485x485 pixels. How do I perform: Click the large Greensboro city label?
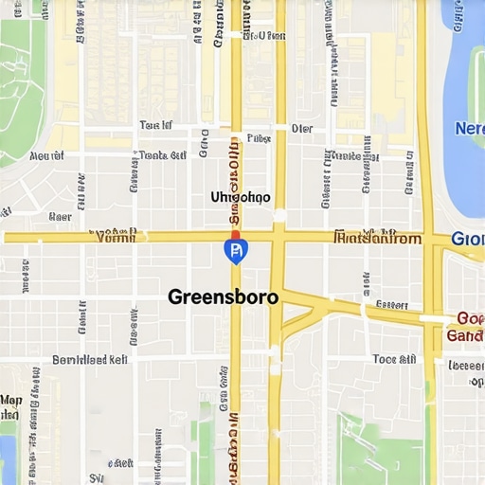224,296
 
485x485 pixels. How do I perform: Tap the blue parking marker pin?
235,250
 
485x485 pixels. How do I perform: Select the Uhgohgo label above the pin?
240,197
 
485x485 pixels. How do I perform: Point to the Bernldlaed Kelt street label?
89,360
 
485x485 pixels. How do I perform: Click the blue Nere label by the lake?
469,128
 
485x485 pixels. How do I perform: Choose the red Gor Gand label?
465,327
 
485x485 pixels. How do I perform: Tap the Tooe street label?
394,360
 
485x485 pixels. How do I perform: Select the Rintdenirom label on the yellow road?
378,239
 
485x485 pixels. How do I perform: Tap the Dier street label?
302,128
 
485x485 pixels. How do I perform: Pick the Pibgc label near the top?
259,138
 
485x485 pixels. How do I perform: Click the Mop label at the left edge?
11,401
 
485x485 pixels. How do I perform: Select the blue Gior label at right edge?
468,239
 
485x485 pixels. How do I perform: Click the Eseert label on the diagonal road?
390,305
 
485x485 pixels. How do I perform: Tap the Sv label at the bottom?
96,477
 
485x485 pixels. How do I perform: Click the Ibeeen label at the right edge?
465,366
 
